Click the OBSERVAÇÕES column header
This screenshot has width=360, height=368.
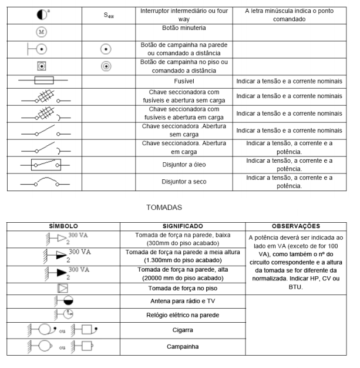click(x=295, y=226)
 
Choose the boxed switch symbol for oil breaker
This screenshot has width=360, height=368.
click(x=45, y=165)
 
